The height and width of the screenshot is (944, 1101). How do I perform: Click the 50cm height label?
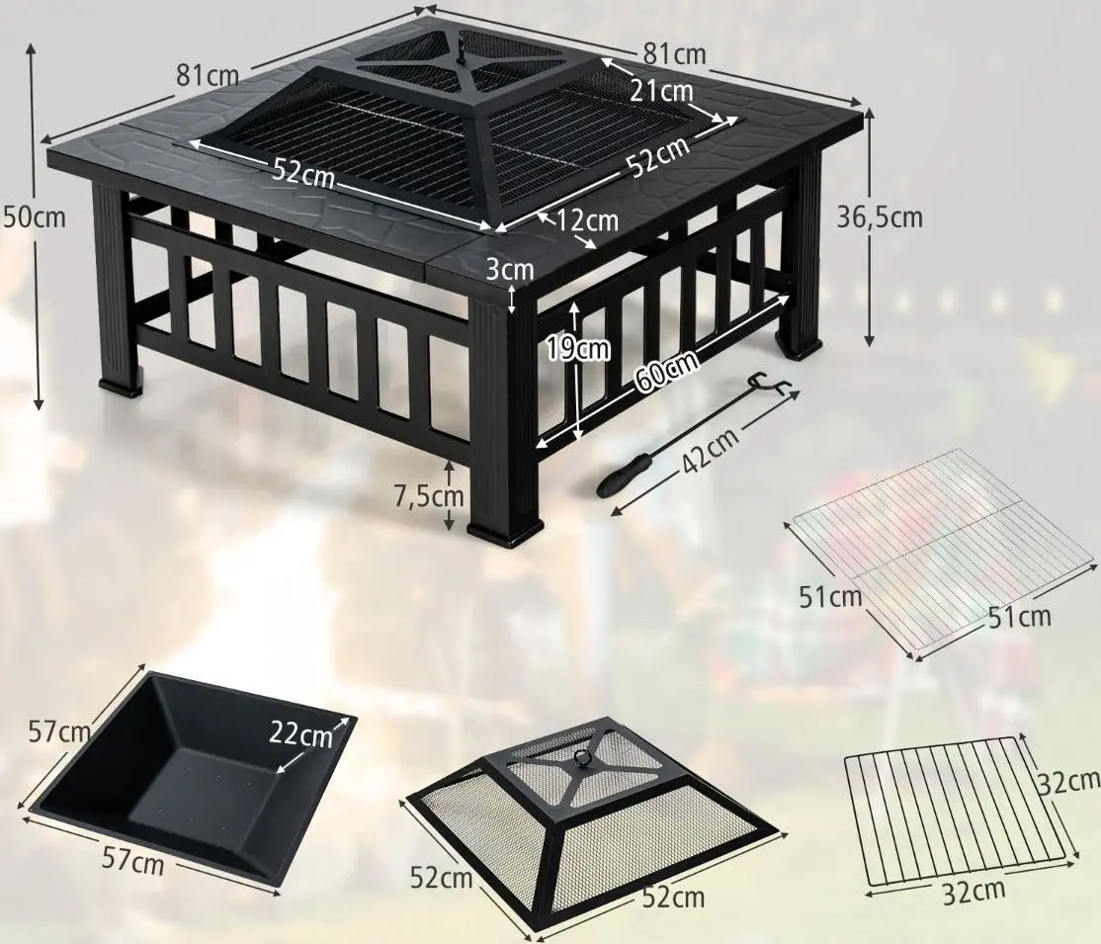35,216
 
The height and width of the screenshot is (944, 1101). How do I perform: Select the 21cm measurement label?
661,91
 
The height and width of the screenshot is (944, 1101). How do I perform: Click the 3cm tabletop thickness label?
511,268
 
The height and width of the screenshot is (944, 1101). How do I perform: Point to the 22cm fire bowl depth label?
300,736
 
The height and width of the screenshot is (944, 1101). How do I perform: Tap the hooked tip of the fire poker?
768,386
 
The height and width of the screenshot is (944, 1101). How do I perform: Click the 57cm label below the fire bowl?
132,861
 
